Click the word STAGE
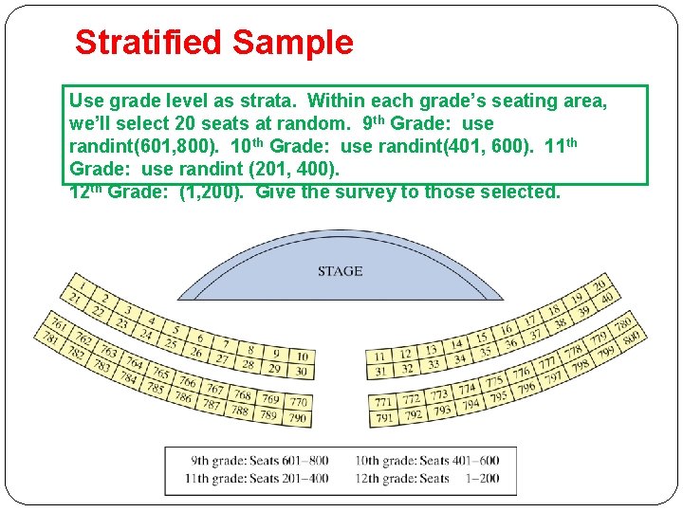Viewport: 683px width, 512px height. tap(340, 271)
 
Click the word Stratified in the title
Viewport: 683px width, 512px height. tap(149, 42)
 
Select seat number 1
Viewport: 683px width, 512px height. tap(83, 283)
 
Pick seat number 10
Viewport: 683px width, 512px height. tap(299, 354)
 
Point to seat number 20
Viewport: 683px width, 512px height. tap(600, 285)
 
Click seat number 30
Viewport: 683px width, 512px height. tap(301, 371)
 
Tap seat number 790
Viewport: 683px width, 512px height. tap(297, 418)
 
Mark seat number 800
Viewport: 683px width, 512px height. tap(631, 334)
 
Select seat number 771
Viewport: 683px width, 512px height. tap(384, 401)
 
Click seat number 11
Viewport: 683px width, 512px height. tap(379, 356)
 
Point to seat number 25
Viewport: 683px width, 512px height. tap(171, 342)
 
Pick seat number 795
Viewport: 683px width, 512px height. tap(497, 395)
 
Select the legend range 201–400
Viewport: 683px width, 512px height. tap(305, 478)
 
